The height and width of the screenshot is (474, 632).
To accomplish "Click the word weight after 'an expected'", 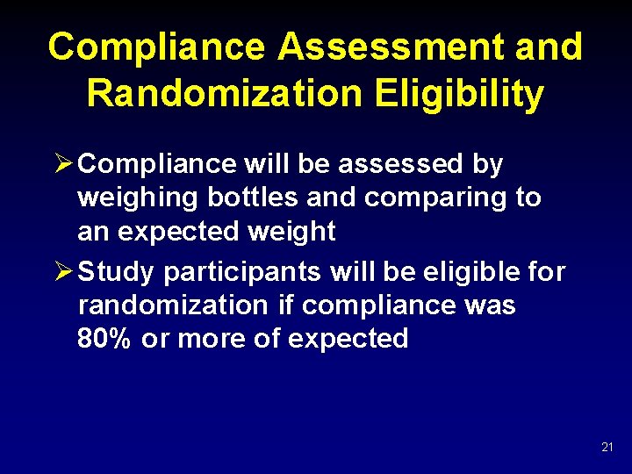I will tap(292, 232).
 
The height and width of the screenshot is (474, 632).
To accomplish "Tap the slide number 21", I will tap(607, 448).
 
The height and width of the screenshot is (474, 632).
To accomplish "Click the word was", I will tap(492, 305).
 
